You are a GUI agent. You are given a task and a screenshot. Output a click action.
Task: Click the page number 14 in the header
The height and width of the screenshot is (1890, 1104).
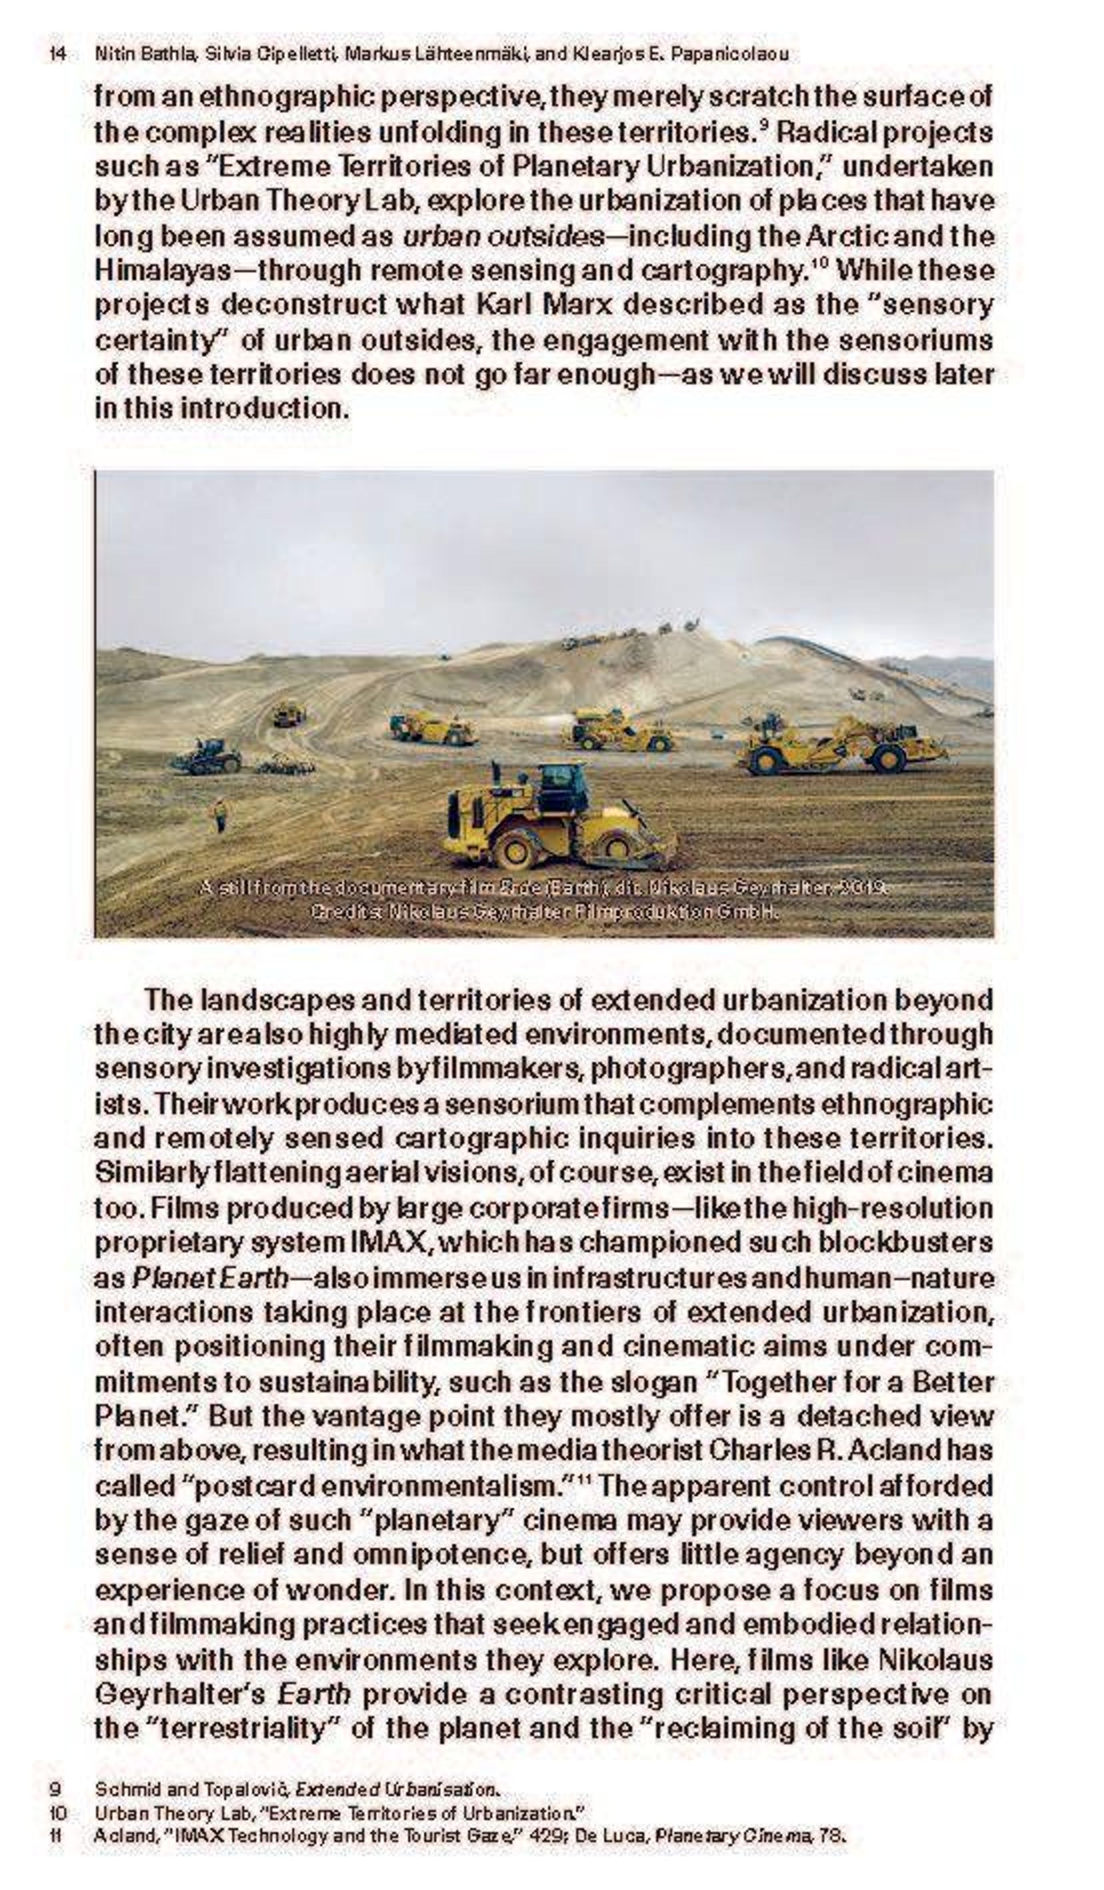(57, 54)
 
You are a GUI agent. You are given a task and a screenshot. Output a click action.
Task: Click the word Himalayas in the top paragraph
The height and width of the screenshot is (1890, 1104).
(162, 271)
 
